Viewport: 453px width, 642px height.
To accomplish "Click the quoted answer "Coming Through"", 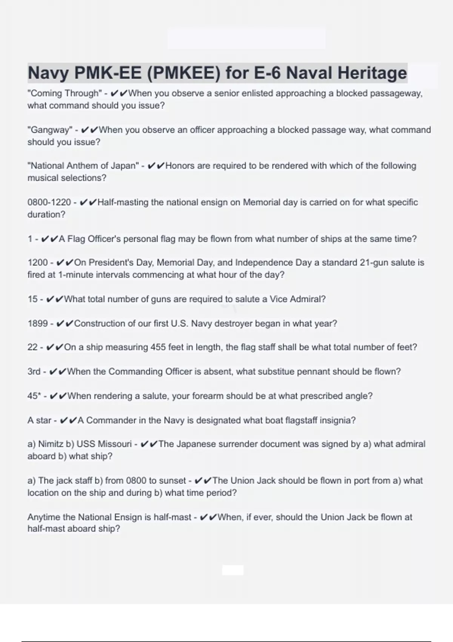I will coord(65,93).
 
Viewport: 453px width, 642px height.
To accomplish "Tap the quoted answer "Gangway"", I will coord(49,130).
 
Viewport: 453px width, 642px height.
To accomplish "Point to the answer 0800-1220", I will coord(49,202).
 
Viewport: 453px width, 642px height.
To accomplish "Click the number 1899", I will coord(38,324).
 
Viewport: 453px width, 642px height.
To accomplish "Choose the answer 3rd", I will coord(34,372).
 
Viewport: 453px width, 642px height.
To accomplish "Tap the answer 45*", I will coord(34,396).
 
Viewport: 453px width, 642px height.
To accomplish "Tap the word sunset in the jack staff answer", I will coord(173,481).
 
